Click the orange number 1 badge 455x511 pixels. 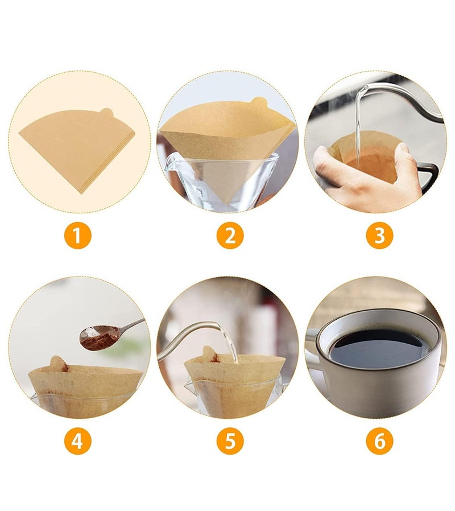77,235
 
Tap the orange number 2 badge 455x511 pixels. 230,235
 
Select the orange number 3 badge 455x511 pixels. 379,235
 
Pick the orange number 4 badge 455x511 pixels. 77,441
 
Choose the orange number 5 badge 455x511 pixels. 230,441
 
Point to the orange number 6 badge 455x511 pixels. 379,441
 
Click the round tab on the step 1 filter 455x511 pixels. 107,113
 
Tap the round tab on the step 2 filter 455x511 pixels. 259,102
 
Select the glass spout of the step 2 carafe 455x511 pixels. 169,163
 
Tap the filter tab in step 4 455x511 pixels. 59,363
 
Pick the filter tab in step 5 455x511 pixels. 210,354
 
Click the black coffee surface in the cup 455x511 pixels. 378,349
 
